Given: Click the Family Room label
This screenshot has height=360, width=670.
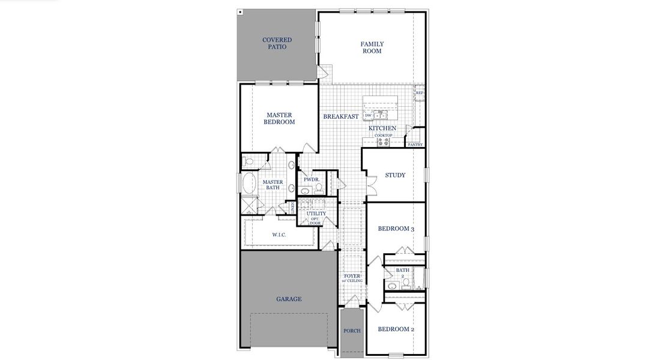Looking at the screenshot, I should pos(372,47).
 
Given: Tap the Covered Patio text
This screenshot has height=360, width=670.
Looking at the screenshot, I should pos(277,43).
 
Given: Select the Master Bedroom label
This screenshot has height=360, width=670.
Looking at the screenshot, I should pos(279,118).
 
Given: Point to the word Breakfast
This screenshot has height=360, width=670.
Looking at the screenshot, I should pos(341,116).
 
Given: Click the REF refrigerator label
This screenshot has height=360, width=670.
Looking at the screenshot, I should pos(420,93).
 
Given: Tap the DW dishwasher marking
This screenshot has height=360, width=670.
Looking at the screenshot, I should pos(368,115).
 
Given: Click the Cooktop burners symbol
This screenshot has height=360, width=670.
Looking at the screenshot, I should pos(383,142).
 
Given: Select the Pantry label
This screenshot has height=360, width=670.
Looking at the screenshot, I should pos(415,145).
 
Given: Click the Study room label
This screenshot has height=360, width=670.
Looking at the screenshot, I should pos(395,175).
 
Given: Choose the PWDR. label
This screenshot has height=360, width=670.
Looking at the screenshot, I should pos(310,179).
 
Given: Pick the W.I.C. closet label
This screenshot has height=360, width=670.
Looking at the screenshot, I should pos(279,235).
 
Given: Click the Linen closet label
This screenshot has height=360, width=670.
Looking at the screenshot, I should pos(292,207).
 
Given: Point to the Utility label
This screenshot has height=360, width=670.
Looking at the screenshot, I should pos(316,214).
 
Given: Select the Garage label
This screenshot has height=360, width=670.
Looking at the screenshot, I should pos(289,299).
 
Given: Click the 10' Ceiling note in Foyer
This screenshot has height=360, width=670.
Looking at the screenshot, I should pos(352,280).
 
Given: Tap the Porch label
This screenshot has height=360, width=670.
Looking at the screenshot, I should pos(352,331).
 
